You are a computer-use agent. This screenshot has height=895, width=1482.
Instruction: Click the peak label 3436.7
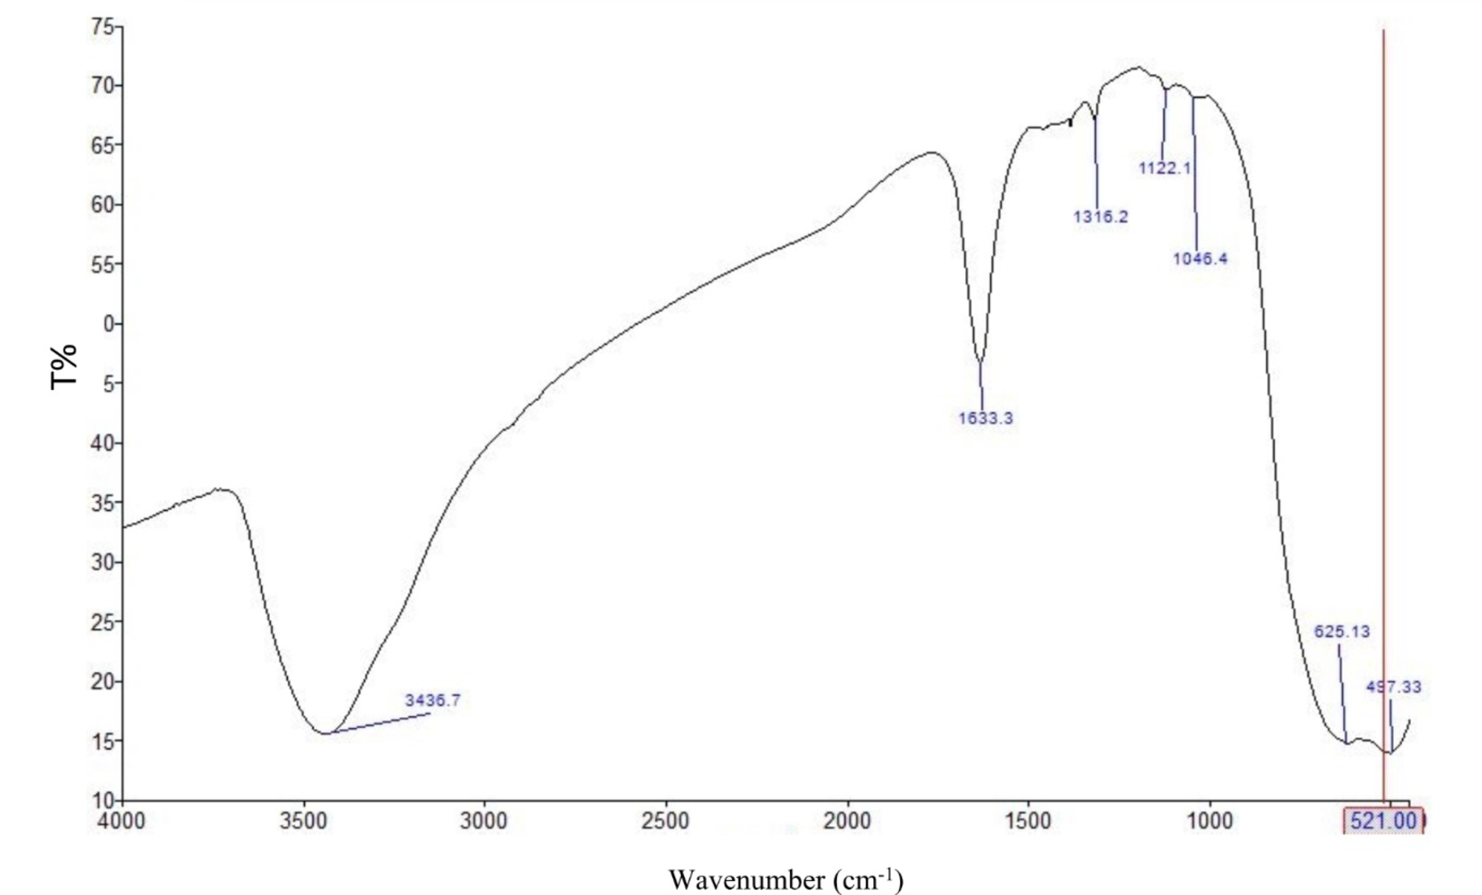[x=432, y=700]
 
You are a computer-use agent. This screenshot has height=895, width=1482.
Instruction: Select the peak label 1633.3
[x=985, y=418]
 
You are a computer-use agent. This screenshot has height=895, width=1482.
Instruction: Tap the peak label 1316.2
[x=1101, y=216]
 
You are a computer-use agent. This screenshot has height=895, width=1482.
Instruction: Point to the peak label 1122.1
[x=1165, y=168]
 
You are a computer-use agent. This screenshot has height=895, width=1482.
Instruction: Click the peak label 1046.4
[x=1200, y=259]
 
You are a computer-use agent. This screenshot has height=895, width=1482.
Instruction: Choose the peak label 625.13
[x=1342, y=631]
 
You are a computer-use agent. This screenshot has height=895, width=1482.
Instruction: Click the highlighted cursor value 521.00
[x=1384, y=821]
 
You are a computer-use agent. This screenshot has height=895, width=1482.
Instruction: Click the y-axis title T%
[x=64, y=366]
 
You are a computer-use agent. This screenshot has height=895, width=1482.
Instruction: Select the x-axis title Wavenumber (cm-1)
[x=785, y=879]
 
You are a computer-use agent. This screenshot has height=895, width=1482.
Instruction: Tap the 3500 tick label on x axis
[x=304, y=821]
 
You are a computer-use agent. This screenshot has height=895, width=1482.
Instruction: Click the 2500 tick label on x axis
[x=665, y=821]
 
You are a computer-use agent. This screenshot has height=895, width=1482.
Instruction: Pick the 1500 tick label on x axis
[x=1028, y=821]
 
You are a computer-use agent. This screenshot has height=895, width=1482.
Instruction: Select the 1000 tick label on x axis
[x=1209, y=821]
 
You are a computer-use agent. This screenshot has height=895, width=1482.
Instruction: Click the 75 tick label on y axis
[x=103, y=27]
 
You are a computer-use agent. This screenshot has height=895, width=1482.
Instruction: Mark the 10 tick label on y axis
[x=103, y=801]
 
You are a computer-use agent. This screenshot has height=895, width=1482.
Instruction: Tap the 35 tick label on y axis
[x=103, y=503]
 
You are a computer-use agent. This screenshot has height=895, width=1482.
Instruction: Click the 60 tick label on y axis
[x=103, y=205]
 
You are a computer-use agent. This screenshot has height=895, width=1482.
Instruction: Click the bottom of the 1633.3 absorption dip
[x=980, y=362]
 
